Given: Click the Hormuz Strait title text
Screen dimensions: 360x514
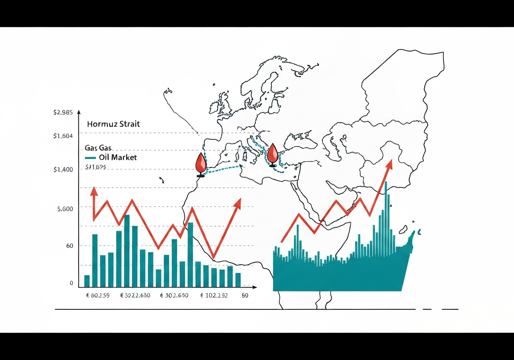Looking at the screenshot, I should coord(113,124).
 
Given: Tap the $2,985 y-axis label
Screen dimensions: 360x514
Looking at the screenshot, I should coord(63,112).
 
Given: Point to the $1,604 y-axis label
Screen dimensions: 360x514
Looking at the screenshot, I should coord(63,136).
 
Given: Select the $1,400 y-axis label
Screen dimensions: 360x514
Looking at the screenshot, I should coord(63,170).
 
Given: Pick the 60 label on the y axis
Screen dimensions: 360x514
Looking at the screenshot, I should coord(69,245).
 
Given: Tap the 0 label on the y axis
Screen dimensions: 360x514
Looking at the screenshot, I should coord(71,283).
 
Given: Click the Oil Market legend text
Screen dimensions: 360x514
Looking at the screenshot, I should coord(118,157).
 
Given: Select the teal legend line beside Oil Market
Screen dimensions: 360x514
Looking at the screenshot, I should coord(90,157).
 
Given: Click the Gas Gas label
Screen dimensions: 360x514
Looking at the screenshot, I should coord(98,148).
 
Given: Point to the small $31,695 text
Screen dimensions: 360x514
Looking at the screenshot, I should coord(96,167).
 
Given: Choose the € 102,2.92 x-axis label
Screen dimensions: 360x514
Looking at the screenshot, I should coord(214,296).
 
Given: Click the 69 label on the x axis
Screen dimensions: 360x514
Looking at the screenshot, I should coord(245,296).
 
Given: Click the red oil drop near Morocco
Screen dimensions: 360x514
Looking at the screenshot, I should coord(200,164).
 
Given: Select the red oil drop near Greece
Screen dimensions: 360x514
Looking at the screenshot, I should coord(273,153).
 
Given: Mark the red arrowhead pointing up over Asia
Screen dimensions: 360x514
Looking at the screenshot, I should coord(389,164).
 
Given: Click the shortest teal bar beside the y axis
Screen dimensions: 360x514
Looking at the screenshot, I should coord(87,281).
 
